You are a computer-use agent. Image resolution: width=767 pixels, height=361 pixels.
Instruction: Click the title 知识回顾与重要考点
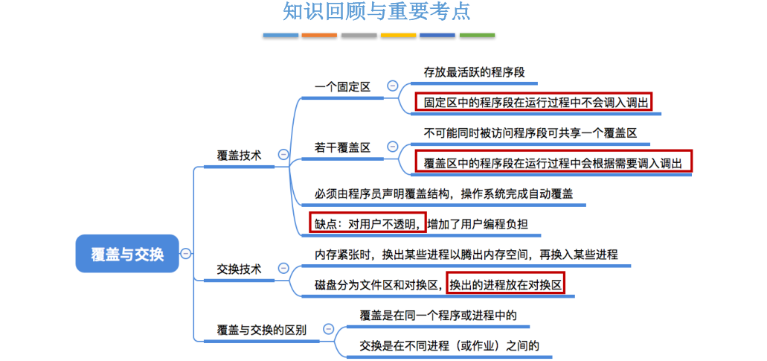tap(376, 13)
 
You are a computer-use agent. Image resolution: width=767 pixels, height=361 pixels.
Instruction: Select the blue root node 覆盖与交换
tap(127, 253)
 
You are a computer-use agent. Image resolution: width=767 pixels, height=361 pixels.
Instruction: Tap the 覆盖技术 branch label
tap(239, 155)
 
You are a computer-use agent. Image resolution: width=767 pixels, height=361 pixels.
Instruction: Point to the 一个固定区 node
tap(342, 86)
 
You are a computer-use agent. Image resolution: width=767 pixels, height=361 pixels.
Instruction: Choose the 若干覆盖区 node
tap(342, 147)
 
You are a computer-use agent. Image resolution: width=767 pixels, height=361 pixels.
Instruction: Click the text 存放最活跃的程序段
tap(474, 72)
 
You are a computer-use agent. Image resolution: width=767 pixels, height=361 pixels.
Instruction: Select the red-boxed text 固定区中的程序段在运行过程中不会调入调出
tap(533, 101)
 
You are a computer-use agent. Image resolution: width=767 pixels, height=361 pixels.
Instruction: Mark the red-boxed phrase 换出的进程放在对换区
tap(505, 284)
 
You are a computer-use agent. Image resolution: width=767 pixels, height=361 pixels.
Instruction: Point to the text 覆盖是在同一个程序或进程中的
tap(438, 315)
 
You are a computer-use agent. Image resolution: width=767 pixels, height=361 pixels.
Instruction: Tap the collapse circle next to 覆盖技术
tap(283, 155)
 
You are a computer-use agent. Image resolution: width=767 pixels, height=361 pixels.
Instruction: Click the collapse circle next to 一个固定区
tap(392, 86)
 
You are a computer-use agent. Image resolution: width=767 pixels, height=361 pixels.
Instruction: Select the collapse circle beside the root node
tap(185, 253)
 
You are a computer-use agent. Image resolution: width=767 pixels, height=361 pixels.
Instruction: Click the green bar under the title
tap(477, 35)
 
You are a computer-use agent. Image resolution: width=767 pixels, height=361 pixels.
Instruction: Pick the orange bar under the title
tap(319, 35)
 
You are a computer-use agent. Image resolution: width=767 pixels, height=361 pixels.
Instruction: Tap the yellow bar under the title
tap(398, 35)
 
